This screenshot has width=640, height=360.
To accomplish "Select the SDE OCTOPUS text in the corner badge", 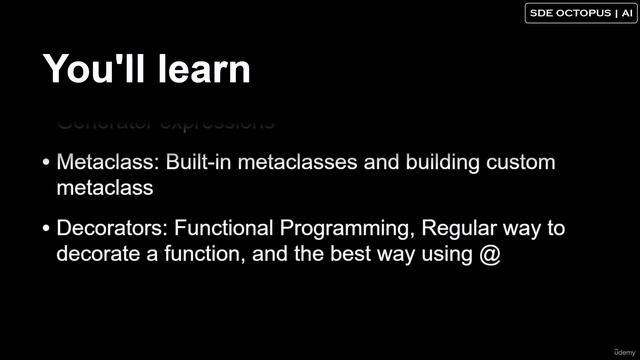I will pos(566,13).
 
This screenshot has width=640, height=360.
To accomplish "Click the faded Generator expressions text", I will pos(165,124).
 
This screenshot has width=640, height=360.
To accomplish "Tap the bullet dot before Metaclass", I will pos(47,163).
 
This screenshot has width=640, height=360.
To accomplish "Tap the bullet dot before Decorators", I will pos(47,229).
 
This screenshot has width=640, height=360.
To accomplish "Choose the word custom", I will pos(519,162).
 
